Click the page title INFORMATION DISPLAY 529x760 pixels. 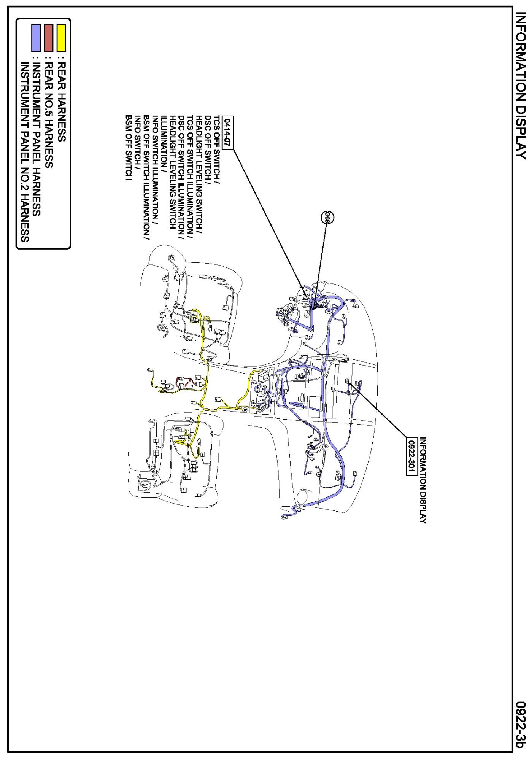(521, 86)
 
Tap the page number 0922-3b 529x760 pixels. (521, 725)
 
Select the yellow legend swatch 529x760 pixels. (61, 38)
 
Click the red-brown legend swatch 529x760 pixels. (49, 38)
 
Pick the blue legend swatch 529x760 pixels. (36, 38)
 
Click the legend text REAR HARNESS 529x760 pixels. (61, 102)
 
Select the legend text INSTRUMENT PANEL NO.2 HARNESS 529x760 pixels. (25, 152)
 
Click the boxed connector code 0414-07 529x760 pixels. (227, 133)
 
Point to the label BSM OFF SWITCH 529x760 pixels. (129, 148)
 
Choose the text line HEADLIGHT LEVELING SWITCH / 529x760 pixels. (199, 175)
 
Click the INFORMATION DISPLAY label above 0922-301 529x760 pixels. (423, 480)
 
